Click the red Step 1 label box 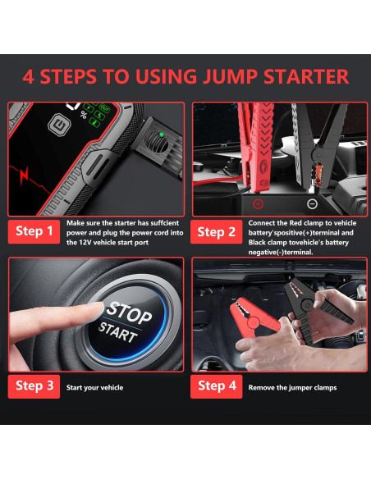34,231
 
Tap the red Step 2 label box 216,232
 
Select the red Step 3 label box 34,386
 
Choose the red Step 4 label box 216,386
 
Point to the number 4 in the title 28,76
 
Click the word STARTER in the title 306,76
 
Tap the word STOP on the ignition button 129,312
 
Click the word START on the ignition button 117,332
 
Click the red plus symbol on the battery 258,203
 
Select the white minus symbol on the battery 312,203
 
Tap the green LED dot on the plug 162,135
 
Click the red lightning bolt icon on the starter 24,175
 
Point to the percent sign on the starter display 83,115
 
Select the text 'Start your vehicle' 94,388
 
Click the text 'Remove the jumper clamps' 292,388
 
